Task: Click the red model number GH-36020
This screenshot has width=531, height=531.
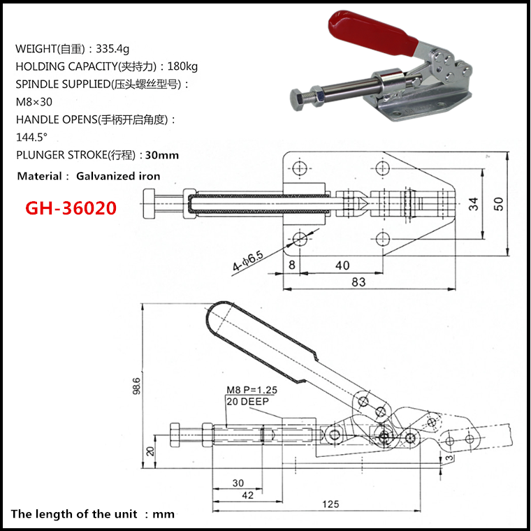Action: click(x=71, y=208)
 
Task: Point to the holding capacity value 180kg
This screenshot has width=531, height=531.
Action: click(x=183, y=67)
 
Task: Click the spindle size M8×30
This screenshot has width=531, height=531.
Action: click(x=34, y=101)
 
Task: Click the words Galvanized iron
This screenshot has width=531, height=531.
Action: click(x=118, y=176)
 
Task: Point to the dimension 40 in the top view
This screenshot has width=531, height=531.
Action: click(x=342, y=265)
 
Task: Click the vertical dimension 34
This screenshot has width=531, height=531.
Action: click(x=474, y=204)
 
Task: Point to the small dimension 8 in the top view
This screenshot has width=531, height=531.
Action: click(x=291, y=265)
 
